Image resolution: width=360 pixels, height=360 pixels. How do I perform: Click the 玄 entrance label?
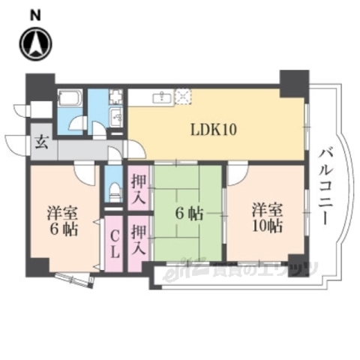point(41,142)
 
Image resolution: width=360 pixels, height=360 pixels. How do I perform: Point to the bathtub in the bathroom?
point(72,100)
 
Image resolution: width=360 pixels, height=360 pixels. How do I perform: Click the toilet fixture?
point(113,191)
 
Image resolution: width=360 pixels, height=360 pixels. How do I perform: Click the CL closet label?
point(113,245)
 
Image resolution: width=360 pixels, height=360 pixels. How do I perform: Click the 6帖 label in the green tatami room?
point(189,213)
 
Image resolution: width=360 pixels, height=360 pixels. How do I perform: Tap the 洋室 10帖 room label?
point(266,216)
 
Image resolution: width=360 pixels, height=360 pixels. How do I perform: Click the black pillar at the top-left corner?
point(40,88)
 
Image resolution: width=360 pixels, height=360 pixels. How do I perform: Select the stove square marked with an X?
point(183,96)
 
